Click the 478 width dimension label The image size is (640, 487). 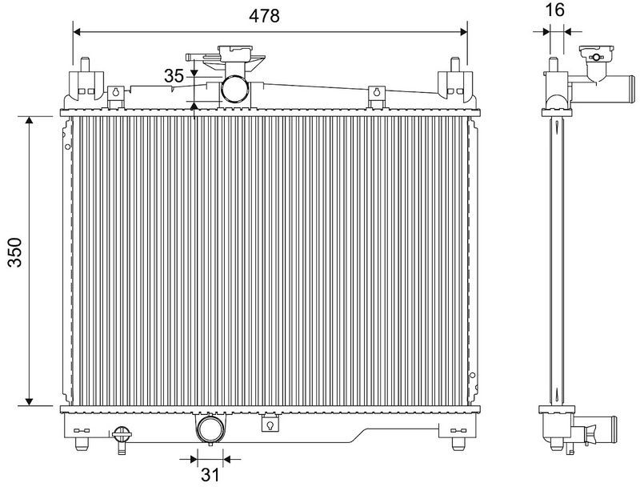coord(264,16)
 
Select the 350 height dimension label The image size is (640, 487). coord(15,252)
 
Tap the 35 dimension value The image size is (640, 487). coord(174,75)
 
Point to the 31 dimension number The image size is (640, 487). coord(210,475)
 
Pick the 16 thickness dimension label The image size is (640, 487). coord(555,10)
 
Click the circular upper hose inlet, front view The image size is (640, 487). coord(234,89)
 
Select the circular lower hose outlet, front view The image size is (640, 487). coord(210,430)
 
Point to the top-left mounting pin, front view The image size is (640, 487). coord(85,65)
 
